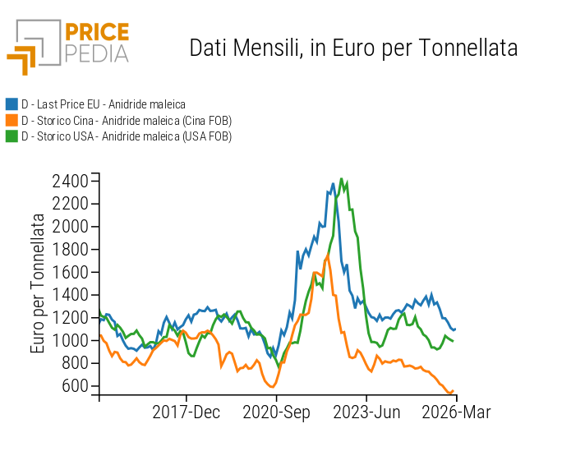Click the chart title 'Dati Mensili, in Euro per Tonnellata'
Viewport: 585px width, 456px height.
[x=353, y=48]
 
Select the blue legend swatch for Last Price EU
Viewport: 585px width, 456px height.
[x=12, y=104]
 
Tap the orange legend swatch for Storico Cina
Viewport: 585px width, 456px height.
[x=12, y=120]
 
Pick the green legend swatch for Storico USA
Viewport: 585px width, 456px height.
[x=12, y=136]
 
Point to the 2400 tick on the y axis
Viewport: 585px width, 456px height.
[x=70, y=181]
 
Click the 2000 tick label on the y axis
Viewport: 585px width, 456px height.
[x=70, y=226]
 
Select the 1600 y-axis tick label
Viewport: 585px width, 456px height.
[x=70, y=272]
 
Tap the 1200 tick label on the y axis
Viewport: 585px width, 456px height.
[x=70, y=317]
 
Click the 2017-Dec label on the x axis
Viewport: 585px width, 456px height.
[x=187, y=412]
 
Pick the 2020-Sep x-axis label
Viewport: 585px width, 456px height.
[x=276, y=412]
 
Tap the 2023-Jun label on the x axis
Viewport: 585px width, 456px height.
[x=366, y=412]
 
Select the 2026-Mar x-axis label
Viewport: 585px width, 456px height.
[x=455, y=412]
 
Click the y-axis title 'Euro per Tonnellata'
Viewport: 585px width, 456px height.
[x=38, y=283]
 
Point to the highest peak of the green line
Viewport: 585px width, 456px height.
[x=342, y=179]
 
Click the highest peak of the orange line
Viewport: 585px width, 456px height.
[x=328, y=256]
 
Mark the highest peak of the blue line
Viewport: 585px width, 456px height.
[x=333, y=183]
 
